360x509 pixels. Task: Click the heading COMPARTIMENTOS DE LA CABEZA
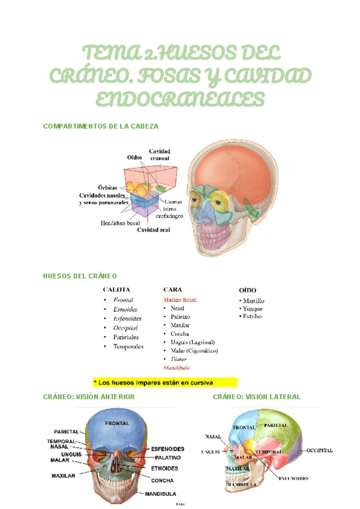pos(101,126)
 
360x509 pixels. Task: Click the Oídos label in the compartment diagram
pos(135,157)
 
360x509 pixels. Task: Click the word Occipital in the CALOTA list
pos(125,328)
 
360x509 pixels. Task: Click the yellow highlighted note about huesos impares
pos(165,382)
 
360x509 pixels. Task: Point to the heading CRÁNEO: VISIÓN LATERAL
pos(257,397)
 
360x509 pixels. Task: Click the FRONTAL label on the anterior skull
pos(117,423)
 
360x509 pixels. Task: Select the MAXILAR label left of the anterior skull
pos(64,475)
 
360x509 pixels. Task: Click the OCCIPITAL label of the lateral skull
pos(320,450)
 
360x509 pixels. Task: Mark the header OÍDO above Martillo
pos(248,289)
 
